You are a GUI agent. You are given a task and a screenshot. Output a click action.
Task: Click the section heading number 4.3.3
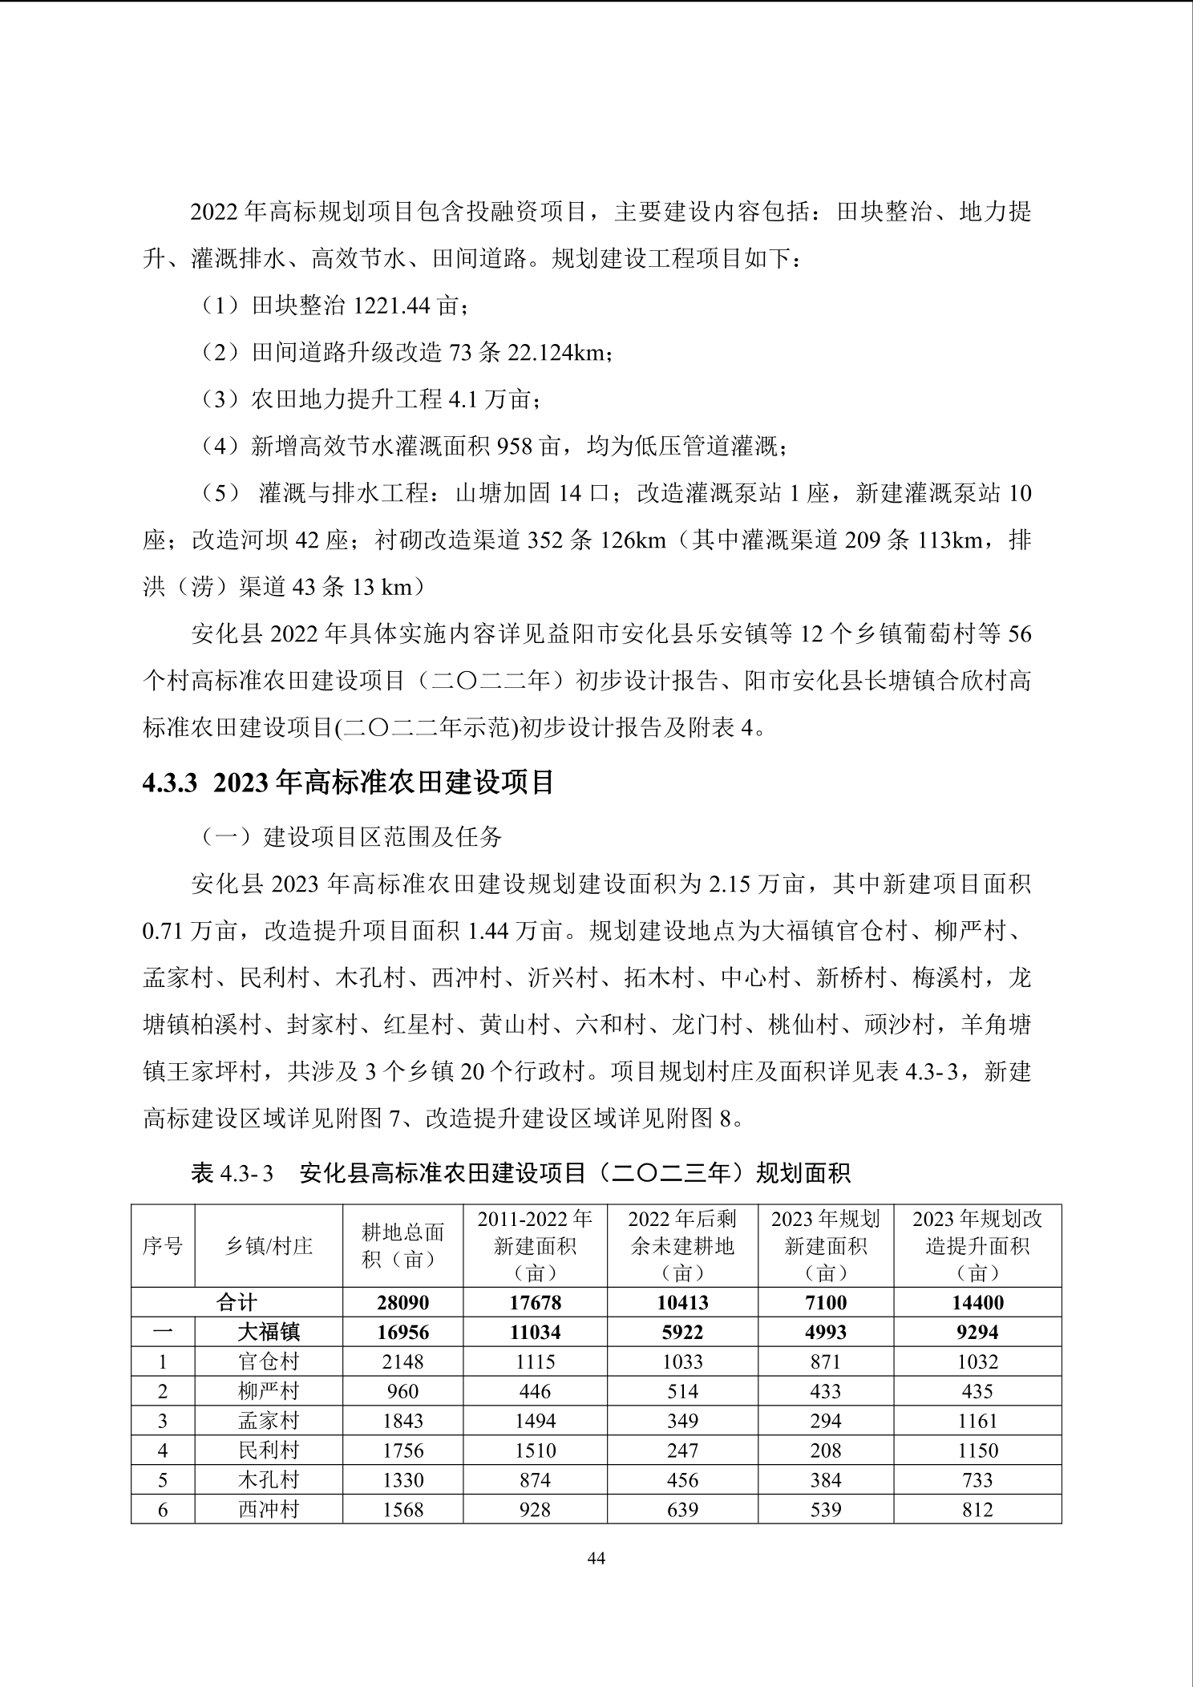point(169,783)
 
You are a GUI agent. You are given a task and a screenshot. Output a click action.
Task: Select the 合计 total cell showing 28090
point(402,1303)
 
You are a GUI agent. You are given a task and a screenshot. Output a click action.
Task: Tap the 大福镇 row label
point(269,1333)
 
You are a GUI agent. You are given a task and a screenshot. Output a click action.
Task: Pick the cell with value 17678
point(535,1303)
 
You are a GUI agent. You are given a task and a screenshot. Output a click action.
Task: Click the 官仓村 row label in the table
point(269,1361)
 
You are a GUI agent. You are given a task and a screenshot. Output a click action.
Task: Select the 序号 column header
point(163,1246)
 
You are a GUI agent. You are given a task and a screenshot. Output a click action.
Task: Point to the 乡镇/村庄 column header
point(269,1246)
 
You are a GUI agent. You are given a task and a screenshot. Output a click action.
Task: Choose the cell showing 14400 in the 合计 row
point(977,1303)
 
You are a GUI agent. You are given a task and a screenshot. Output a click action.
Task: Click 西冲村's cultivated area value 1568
point(402,1510)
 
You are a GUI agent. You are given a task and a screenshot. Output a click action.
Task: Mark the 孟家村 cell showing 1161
point(977,1421)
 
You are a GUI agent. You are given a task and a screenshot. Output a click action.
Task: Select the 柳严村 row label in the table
point(269,1391)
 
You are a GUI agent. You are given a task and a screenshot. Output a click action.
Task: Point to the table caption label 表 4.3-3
point(233,1174)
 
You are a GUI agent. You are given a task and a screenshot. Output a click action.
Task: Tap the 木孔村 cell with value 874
point(535,1480)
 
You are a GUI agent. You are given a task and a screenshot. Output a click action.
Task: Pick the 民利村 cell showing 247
point(682,1450)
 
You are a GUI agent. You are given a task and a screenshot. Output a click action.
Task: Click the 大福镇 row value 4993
point(825,1333)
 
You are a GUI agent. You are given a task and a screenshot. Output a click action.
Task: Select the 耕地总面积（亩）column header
point(402,1246)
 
